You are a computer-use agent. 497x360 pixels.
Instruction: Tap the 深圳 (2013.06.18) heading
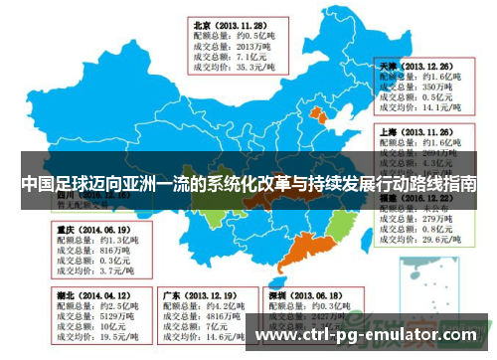pos(294,295)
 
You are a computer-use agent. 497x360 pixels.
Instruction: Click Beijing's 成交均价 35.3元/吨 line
pos(228,68)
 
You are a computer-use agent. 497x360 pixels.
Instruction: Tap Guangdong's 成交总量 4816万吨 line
pos(195,317)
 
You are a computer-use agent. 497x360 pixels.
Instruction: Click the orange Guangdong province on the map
pos(295,258)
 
